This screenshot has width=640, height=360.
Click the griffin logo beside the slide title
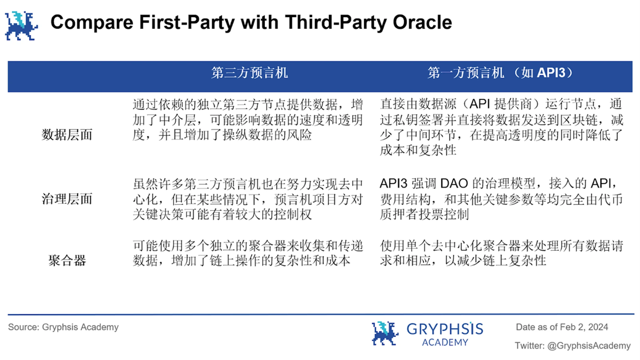21,26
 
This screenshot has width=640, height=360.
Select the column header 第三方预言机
250,73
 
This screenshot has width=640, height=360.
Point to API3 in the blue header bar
551,73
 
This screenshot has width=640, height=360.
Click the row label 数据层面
67,135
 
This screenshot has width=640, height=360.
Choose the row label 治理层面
67,199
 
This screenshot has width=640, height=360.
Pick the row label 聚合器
67,260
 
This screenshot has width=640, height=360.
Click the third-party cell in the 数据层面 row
248,120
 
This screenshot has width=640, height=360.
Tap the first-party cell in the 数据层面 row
501,127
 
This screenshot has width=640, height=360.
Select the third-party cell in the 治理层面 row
248,199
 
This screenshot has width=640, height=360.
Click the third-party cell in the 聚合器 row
248,253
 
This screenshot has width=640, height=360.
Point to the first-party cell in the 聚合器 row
501,253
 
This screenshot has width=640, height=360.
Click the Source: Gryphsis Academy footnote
63,327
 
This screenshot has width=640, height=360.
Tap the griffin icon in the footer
385,333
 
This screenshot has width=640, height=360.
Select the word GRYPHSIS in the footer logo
445,329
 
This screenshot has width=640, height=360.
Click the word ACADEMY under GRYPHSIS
445,342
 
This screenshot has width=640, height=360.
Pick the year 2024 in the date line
598,327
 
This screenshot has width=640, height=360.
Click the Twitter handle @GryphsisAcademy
589,346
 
